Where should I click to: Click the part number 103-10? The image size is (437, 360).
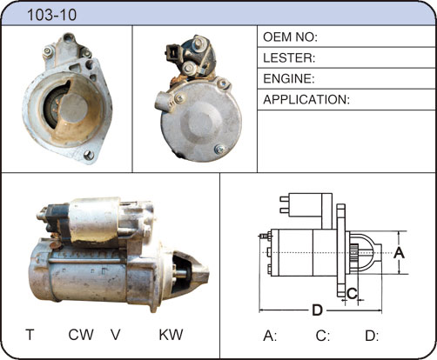tap(51, 15)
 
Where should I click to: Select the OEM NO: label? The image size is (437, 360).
tap(290, 37)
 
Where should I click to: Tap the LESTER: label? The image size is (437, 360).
tap(289, 58)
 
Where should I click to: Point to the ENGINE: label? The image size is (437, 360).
tap(289, 78)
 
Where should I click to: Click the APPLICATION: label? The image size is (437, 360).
tap(306, 100)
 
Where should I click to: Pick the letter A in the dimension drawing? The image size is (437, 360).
tap(399, 253)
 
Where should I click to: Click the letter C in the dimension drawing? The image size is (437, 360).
tap(352, 294)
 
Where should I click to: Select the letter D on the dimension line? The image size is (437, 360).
tap(317, 310)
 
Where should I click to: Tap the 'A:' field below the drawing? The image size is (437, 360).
tap(270, 336)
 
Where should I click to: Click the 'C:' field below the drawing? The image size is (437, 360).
tap(323, 336)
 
